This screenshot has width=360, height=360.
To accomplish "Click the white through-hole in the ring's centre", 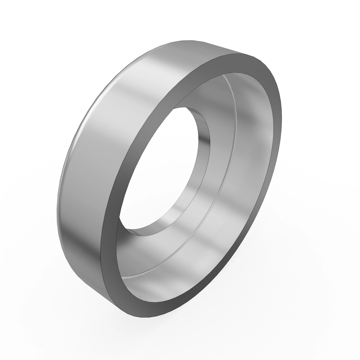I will pyautogui.click(x=156, y=168).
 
